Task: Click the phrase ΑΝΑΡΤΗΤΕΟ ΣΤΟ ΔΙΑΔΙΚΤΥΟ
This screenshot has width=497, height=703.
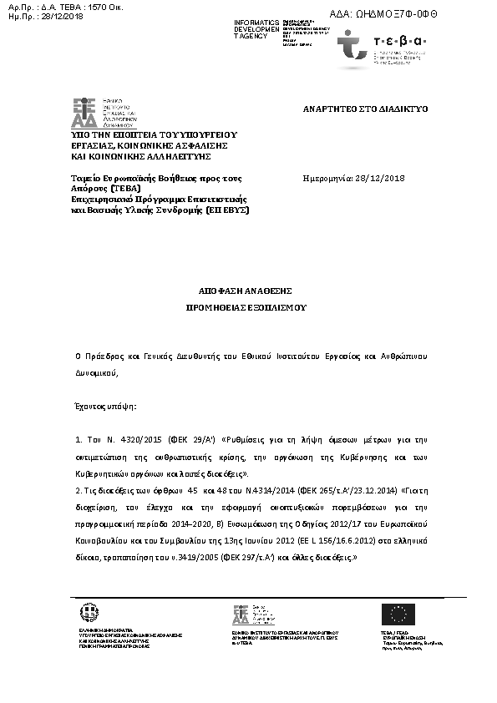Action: [x=364, y=109]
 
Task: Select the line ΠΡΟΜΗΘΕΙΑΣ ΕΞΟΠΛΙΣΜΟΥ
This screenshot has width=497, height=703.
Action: [x=246, y=307]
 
